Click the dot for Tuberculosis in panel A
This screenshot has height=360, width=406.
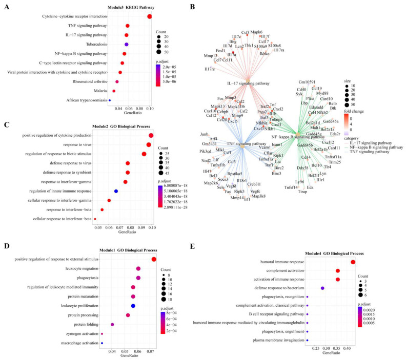(127, 45)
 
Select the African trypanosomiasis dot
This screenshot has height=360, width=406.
(110, 100)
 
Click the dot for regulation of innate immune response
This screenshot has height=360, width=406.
(116, 205)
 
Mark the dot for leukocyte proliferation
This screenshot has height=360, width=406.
(133, 306)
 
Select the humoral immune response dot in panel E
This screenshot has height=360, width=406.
(353, 262)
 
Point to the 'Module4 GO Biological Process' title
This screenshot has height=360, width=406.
(334, 253)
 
